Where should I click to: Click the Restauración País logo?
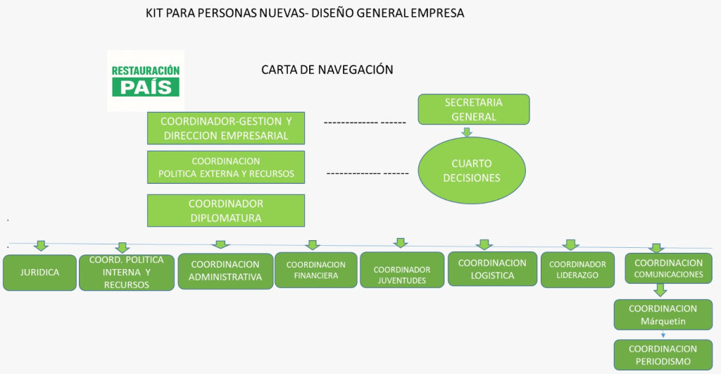tap(146, 80)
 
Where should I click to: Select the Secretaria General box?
tap(473, 110)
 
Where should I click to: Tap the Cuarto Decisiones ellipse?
tap(471, 170)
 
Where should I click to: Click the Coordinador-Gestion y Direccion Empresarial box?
tap(226, 127)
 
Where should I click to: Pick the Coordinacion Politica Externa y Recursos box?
tap(226, 167)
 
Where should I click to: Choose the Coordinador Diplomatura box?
tap(226, 211)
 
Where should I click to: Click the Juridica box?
tap(39, 272)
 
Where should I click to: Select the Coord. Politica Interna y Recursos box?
tap(127, 273)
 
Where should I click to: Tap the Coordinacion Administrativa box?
tap(225, 271)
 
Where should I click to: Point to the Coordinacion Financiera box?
tap(315, 270)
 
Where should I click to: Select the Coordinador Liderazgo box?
tap(577, 270)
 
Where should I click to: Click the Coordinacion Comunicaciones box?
tap(668, 268)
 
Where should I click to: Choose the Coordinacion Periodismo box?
tap(663, 355)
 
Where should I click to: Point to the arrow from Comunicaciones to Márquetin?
tap(660, 290)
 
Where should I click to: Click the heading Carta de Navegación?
tap(327, 70)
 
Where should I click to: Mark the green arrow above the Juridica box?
tap(42, 246)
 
